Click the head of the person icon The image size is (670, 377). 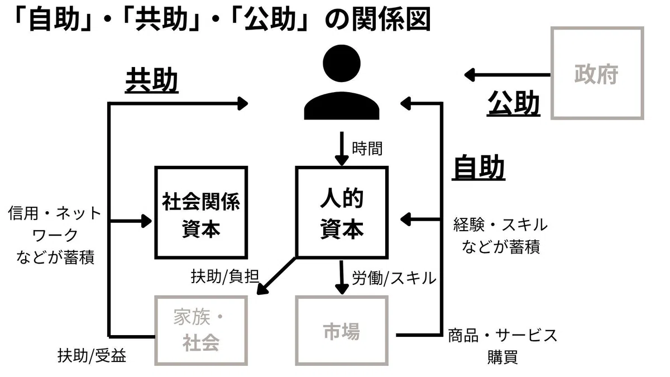click(342, 63)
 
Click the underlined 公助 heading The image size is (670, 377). click(514, 103)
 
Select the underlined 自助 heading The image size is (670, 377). click(478, 168)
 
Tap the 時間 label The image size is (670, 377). click(367, 149)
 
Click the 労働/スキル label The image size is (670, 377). click(394, 278)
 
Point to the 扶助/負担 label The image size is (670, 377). click(225, 276)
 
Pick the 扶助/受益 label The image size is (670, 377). click(92, 356)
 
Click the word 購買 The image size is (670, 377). click(502, 357)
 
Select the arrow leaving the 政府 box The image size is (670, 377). click(508, 75)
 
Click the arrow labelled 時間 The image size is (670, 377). click(342, 149)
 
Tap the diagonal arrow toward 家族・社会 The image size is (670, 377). click(277, 276)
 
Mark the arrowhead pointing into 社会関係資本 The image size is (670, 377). click(146, 221)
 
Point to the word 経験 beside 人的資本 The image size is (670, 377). click(468, 225)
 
